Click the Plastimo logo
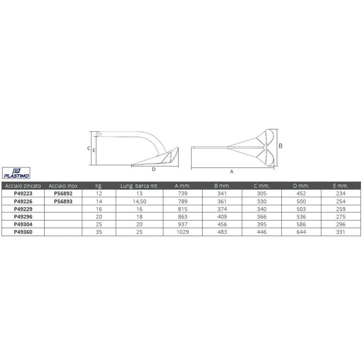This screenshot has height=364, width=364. [x=16, y=172]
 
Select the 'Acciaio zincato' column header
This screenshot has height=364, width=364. [x=23, y=186]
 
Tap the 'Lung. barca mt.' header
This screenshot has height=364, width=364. [x=139, y=186]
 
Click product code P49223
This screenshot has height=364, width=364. [x=23, y=194]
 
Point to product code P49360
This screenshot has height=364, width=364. [x=23, y=232]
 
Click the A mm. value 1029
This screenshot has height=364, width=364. [x=182, y=232]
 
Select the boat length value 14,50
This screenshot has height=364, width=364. [x=139, y=201]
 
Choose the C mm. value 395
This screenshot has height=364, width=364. [x=261, y=224]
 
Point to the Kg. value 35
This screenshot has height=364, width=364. [x=99, y=232]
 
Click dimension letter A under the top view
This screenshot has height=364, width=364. [x=232, y=171]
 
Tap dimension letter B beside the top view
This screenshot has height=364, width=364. [x=281, y=146]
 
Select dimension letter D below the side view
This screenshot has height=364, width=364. [x=154, y=169]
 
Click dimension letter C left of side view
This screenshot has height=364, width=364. [x=89, y=148]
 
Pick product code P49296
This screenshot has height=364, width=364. [x=23, y=217]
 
